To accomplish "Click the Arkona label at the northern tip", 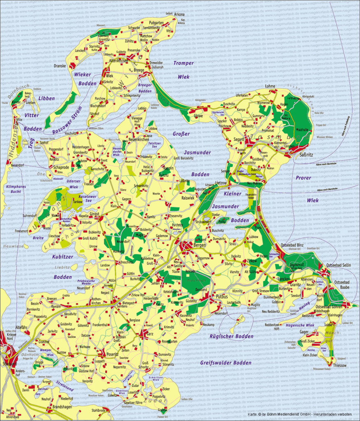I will point(179,14).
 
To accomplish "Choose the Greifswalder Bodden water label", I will point(225,363).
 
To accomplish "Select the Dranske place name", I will point(60,65).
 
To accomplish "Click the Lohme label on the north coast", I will point(270,86).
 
